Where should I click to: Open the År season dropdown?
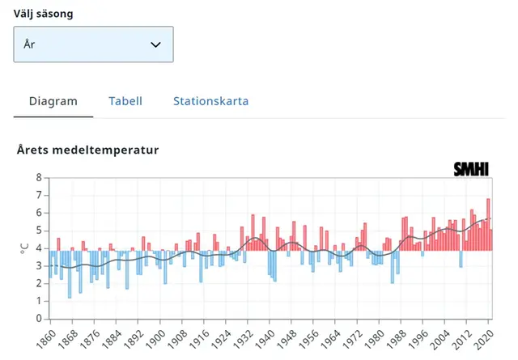point(93,44)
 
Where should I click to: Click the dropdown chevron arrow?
point(156,44)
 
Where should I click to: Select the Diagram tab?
point(53,101)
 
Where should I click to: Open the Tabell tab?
point(125,101)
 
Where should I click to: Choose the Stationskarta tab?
point(210,101)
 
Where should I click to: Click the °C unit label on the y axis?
point(23,248)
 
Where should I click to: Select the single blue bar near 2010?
point(461,258)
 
